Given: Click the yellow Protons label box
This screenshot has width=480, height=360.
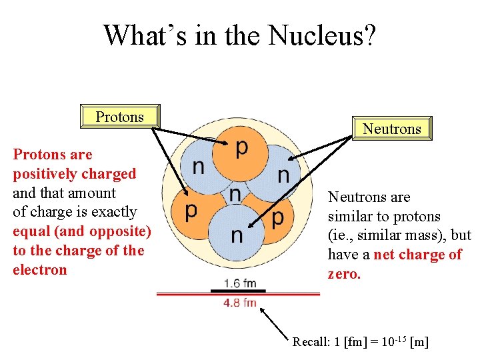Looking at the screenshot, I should click(120, 117).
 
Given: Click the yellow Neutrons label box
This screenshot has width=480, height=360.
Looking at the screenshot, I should click(391, 129).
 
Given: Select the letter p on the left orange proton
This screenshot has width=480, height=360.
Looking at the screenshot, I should click(191, 211).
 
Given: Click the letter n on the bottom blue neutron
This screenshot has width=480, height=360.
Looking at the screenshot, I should click(237, 235).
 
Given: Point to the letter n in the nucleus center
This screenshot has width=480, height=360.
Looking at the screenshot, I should click(235, 194).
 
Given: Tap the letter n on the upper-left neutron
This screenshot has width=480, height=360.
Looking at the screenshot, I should click(198, 167).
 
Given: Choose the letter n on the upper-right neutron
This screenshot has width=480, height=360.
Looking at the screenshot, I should click(283, 175).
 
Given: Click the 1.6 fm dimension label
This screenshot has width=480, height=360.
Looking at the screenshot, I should click(240, 283).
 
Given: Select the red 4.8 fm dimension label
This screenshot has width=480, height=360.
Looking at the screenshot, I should click(239, 302).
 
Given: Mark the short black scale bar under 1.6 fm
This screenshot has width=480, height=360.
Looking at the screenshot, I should click(238, 291).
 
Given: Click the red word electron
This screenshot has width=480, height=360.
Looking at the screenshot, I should click(40, 270).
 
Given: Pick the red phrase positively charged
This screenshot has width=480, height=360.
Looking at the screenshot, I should click(74, 174).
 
